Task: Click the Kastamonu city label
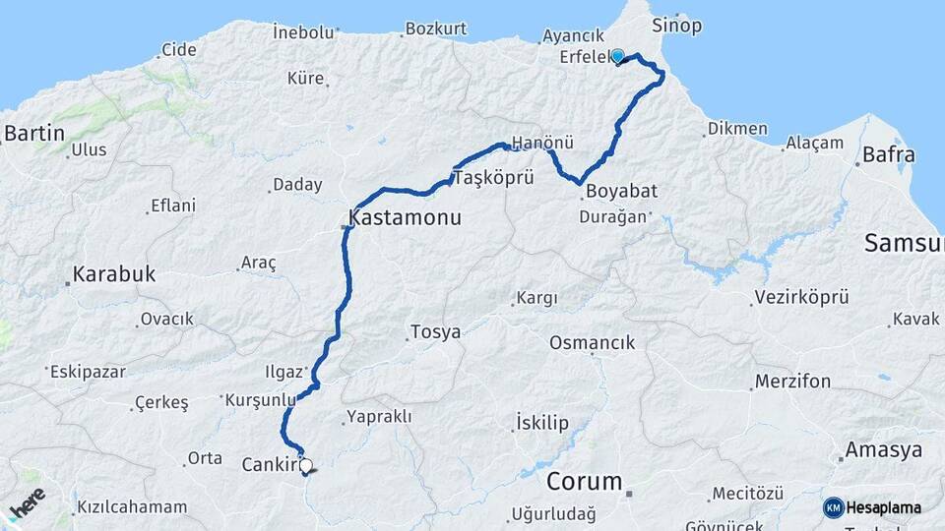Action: click(x=405, y=217)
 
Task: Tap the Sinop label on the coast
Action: click(x=676, y=26)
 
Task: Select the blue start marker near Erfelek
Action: click(x=618, y=56)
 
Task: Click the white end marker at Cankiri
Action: click(x=306, y=467)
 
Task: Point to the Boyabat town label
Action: click(x=620, y=191)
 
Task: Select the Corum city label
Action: click(x=585, y=482)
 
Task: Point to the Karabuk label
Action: click(x=115, y=275)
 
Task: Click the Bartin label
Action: click(x=34, y=133)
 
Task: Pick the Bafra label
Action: click(x=888, y=154)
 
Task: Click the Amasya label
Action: click(x=889, y=450)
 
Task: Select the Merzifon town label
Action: click(x=792, y=381)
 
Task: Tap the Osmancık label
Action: click(x=592, y=342)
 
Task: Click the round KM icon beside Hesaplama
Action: click(x=833, y=507)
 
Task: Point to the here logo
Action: click(x=27, y=505)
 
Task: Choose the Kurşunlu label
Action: click(x=260, y=400)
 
